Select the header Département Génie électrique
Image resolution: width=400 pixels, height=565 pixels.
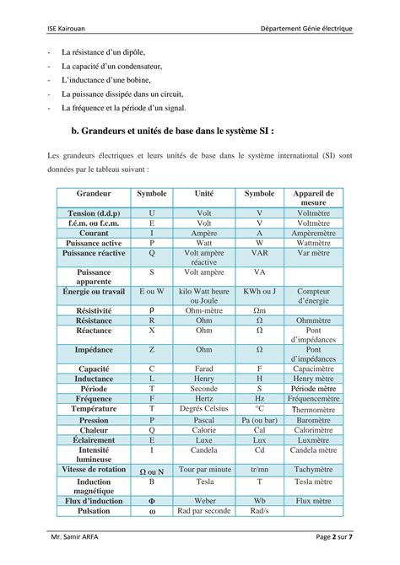click(x=306, y=30)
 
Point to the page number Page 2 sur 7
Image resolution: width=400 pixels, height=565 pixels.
click(x=334, y=537)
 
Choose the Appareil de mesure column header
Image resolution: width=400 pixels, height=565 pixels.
click(x=313, y=197)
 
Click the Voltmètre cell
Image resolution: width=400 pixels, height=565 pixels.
click(x=313, y=213)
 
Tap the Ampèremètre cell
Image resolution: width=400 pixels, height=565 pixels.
click(x=313, y=233)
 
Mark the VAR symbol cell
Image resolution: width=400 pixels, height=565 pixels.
click(x=259, y=252)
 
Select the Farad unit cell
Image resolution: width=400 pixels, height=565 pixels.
click(x=204, y=369)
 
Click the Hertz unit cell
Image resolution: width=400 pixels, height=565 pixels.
click(x=204, y=398)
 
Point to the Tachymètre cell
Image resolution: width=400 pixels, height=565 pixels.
click(x=313, y=469)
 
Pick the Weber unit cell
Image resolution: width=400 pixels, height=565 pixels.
click(x=204, y=500)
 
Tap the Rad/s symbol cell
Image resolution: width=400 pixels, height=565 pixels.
click(x=259, y=510)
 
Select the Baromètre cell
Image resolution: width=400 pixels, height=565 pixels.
click(x=313, y=419)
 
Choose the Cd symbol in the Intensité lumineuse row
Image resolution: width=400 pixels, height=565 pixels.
click(x=259, y=449)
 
